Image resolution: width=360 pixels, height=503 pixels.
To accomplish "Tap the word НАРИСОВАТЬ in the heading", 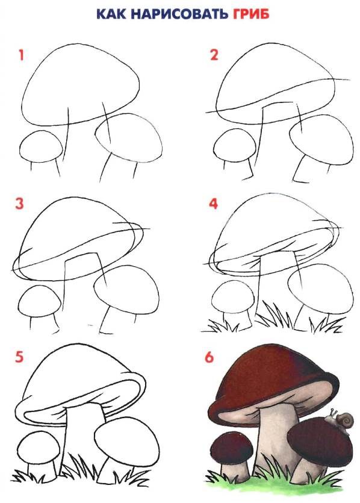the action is [x=178, y=14].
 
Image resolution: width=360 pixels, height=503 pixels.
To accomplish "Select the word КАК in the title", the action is [x=111, y=14].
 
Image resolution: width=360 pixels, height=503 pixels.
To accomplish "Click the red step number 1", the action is [x=22, y=55].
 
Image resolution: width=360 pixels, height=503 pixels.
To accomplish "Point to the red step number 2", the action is [x=214, y=55].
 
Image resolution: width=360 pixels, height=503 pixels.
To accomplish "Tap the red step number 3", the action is [x=19, y=204].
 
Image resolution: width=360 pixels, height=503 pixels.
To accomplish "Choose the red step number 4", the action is [x=214, y=204].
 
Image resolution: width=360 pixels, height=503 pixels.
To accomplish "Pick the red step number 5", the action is [x=19, y=357].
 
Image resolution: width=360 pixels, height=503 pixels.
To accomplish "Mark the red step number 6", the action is [x=209, y=357].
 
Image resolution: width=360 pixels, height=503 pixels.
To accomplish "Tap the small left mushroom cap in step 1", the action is [x=41, y=146].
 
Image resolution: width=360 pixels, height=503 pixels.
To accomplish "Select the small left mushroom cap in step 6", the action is [x=232, y=448].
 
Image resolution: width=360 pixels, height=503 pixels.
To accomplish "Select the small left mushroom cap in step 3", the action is [x=40, y=301].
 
